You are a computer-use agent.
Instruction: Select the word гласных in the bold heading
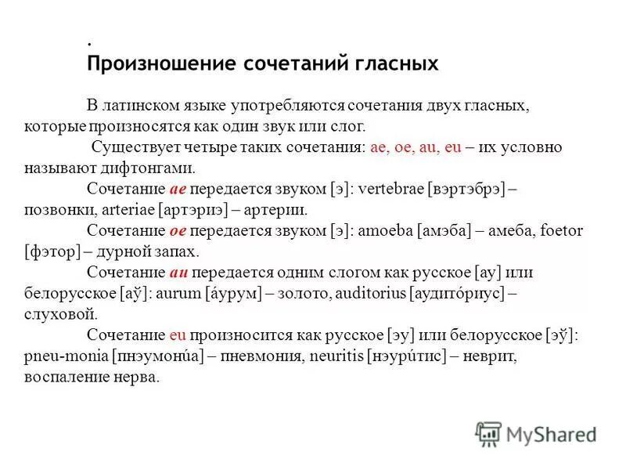coord(395,63)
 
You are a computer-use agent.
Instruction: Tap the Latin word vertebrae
coord(388,189)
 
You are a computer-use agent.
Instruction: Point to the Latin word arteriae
coord(126,210)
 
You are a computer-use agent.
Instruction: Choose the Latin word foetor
coord(563,231)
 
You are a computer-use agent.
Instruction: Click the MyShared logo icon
coord(488,433)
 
